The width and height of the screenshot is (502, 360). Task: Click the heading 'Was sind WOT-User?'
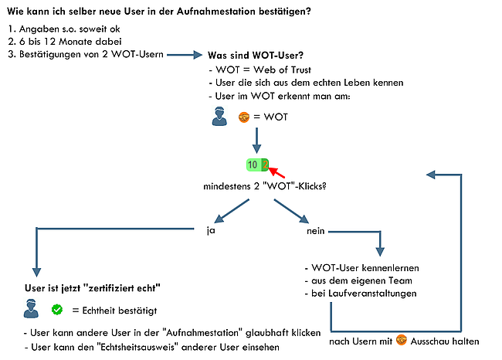point(256,56)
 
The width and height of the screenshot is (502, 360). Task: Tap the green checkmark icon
point(56,310)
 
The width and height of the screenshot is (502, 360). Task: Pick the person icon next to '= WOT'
point(219,117)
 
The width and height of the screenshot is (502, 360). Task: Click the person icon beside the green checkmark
point(31,309)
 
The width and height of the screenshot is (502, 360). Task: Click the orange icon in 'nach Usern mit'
point(401,340)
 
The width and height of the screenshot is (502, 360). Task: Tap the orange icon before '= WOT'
point(244,117)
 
